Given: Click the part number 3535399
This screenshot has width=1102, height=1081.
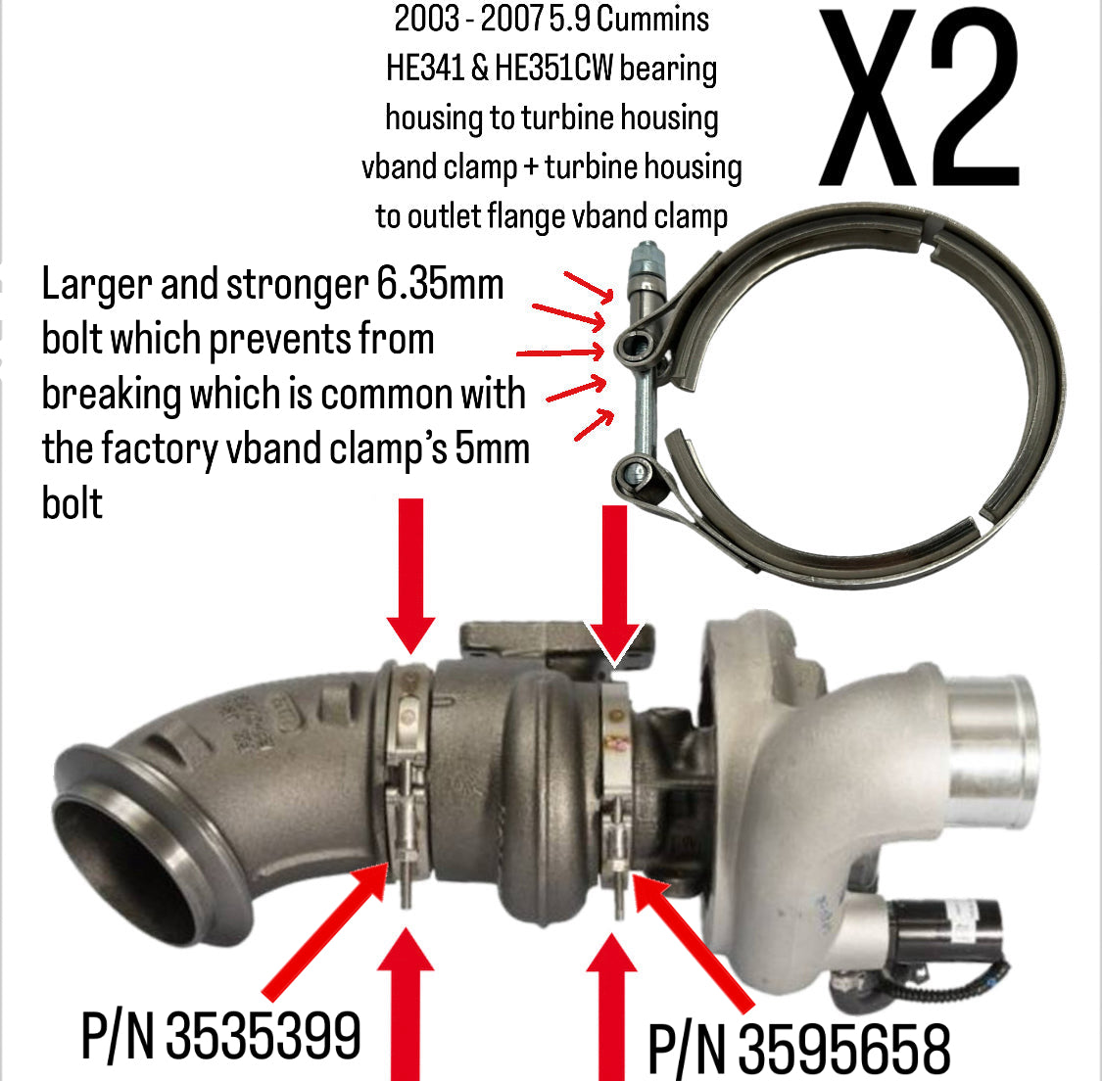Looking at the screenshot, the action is tap(263, 1035).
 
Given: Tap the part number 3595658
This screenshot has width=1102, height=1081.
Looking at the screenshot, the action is tap(844, 1050).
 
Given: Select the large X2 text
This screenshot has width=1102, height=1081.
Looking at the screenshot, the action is tap(919, 98).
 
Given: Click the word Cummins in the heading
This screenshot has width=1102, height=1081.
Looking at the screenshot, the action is tap(651, 19).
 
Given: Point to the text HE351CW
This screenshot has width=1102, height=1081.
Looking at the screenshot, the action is tap(553, 69).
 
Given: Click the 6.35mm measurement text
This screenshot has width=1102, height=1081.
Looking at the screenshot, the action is tap(440, 285).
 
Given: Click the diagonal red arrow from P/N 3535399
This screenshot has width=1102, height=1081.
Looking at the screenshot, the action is tap(325, 930).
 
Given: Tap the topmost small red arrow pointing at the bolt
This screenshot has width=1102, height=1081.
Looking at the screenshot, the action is tap(589, 287).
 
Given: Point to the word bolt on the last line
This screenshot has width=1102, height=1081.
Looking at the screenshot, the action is tap(72, 503).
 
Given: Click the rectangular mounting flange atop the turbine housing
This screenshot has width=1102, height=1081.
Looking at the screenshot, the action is tap(555, 637).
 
